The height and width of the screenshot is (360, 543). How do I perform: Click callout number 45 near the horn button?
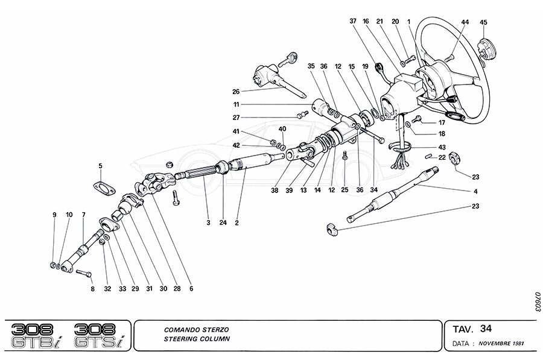pyautogui.click(x=483, y=23)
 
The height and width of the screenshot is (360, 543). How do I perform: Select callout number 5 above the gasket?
pyautogui.click(x=101, y=165)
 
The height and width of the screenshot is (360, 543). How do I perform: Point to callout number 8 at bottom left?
pyautogui.click(x=93, y=289)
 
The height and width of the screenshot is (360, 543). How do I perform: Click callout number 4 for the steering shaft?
pyautogui.click(x=476, y=191)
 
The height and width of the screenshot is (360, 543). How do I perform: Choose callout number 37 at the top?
pyautogui.click(x=354, y=21)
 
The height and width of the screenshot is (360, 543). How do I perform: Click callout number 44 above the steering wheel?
pyautogui.click(x=465, y=22)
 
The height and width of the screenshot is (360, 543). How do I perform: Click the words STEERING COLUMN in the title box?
pyautogui.click(x=196, y=339)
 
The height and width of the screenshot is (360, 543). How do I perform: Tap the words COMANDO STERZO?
pyautogui.click(x=196, y=330)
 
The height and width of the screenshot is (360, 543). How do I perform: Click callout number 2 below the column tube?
pyautogui.click(x=237, y=223)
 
